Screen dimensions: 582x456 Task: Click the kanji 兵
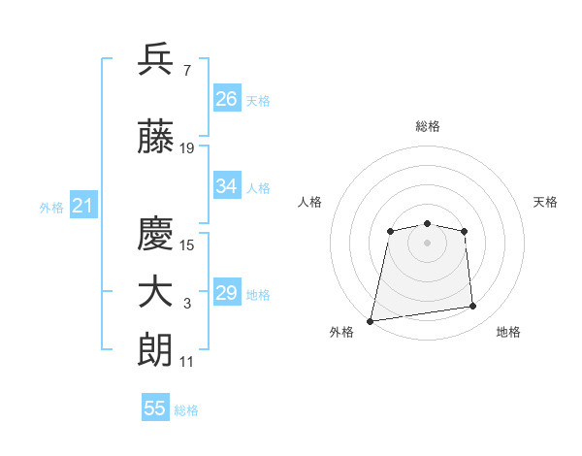pos(155,59)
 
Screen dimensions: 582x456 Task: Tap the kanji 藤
pos(155,136)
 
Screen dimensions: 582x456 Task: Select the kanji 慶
pos(155,233)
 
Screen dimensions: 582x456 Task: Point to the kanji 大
pos(155,293)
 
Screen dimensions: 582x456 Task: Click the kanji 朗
pos(155,350)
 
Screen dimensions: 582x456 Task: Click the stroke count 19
pos(186,148)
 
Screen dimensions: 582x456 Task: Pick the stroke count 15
pos(186,245)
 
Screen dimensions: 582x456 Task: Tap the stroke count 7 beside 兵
pos(187,71)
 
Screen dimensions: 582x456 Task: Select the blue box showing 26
pos(227,98)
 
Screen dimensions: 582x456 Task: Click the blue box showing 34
pos(227,185)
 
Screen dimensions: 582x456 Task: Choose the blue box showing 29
pos(227,291)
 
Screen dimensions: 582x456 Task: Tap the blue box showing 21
pos(83,205)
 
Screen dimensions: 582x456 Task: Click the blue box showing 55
pos(155,407)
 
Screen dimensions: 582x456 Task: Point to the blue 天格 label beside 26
pos(258,101)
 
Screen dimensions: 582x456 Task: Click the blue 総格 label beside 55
pos(186,410)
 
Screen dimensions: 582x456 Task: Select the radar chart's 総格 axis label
pos(428,126)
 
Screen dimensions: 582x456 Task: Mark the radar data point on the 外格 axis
pos(370,321)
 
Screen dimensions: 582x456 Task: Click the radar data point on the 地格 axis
pos(473,306)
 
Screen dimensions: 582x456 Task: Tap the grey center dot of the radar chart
pos(427,243)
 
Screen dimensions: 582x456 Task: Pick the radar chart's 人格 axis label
pos(309,202)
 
